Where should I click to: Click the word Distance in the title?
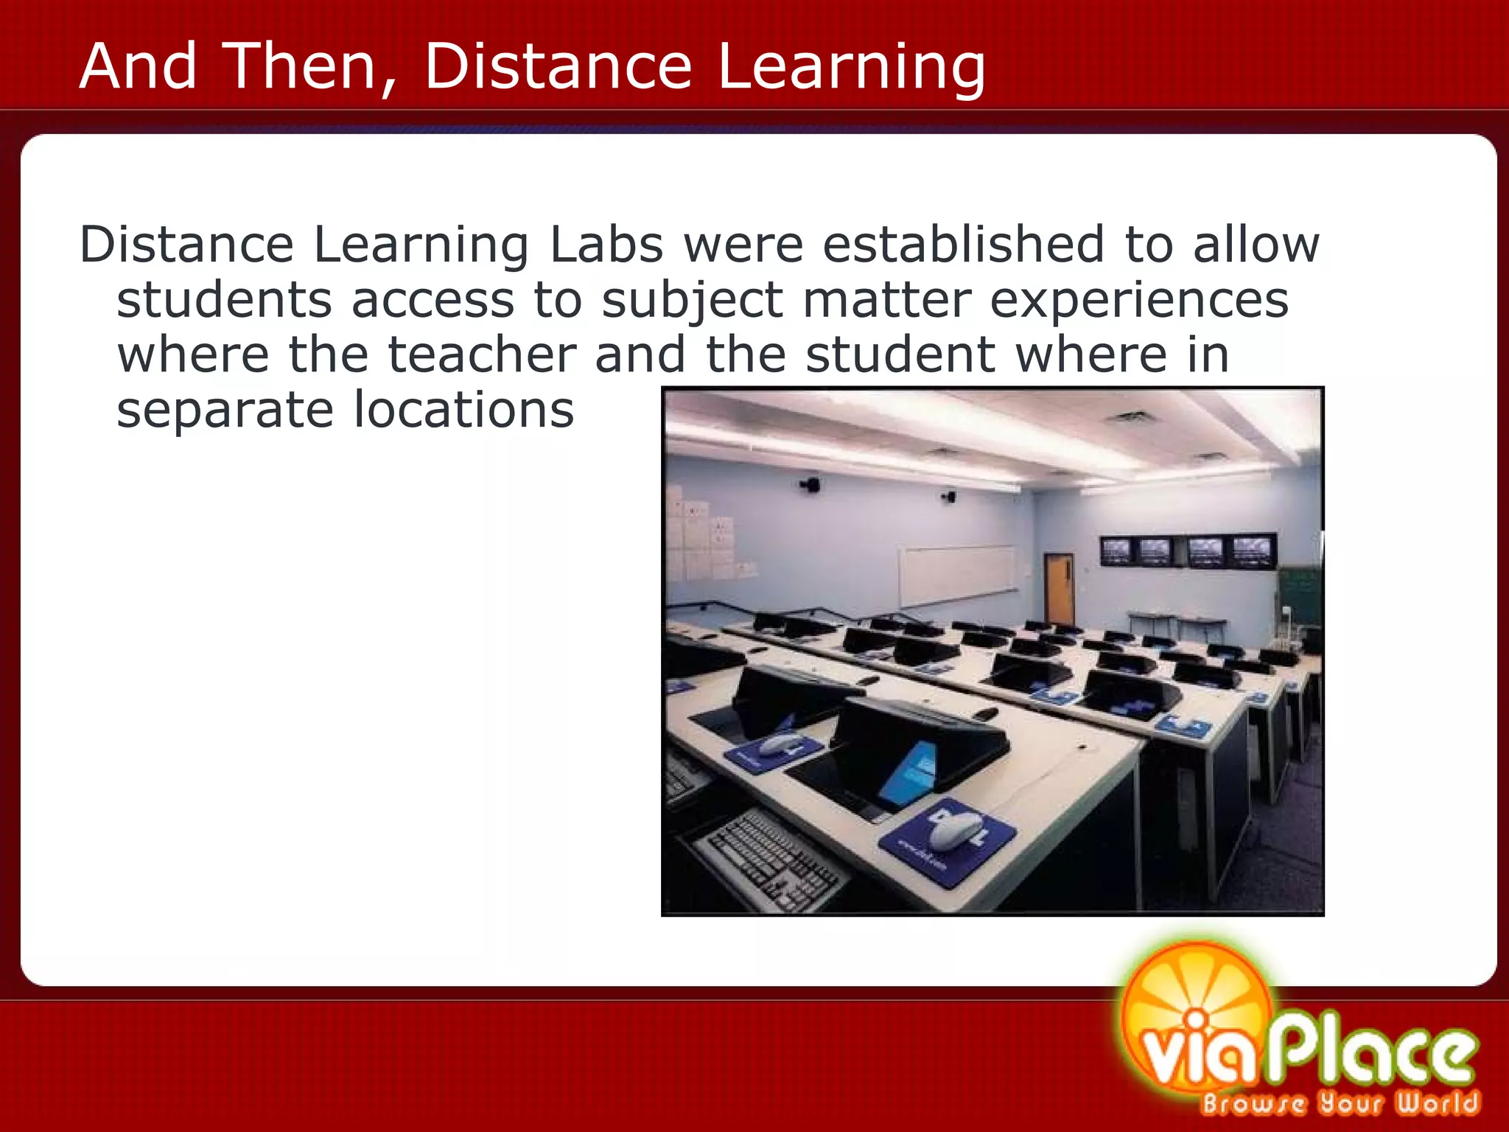click(558, 66)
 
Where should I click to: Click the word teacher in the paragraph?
click(482, 354)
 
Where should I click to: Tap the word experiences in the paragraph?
click(1138, 301)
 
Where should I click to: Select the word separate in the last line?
click(225, 410)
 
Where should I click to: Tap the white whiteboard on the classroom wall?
click(956, 573)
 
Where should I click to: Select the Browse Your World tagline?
click(1340, 1103)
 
